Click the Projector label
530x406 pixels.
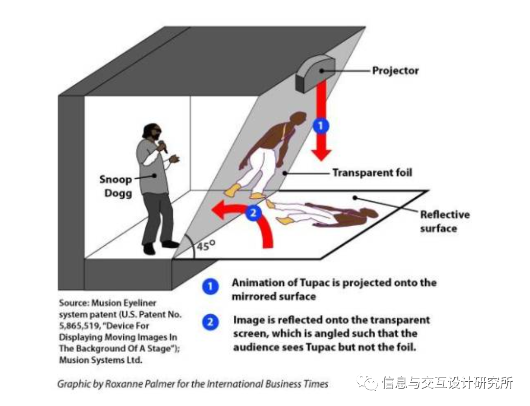[395, 71]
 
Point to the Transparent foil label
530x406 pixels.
[372, 172]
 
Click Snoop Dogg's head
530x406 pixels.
[152, 132]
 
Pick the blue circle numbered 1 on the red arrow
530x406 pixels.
[320, 126]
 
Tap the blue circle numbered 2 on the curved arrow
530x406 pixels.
[253, 213]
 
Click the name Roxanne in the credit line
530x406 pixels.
[119, 384]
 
